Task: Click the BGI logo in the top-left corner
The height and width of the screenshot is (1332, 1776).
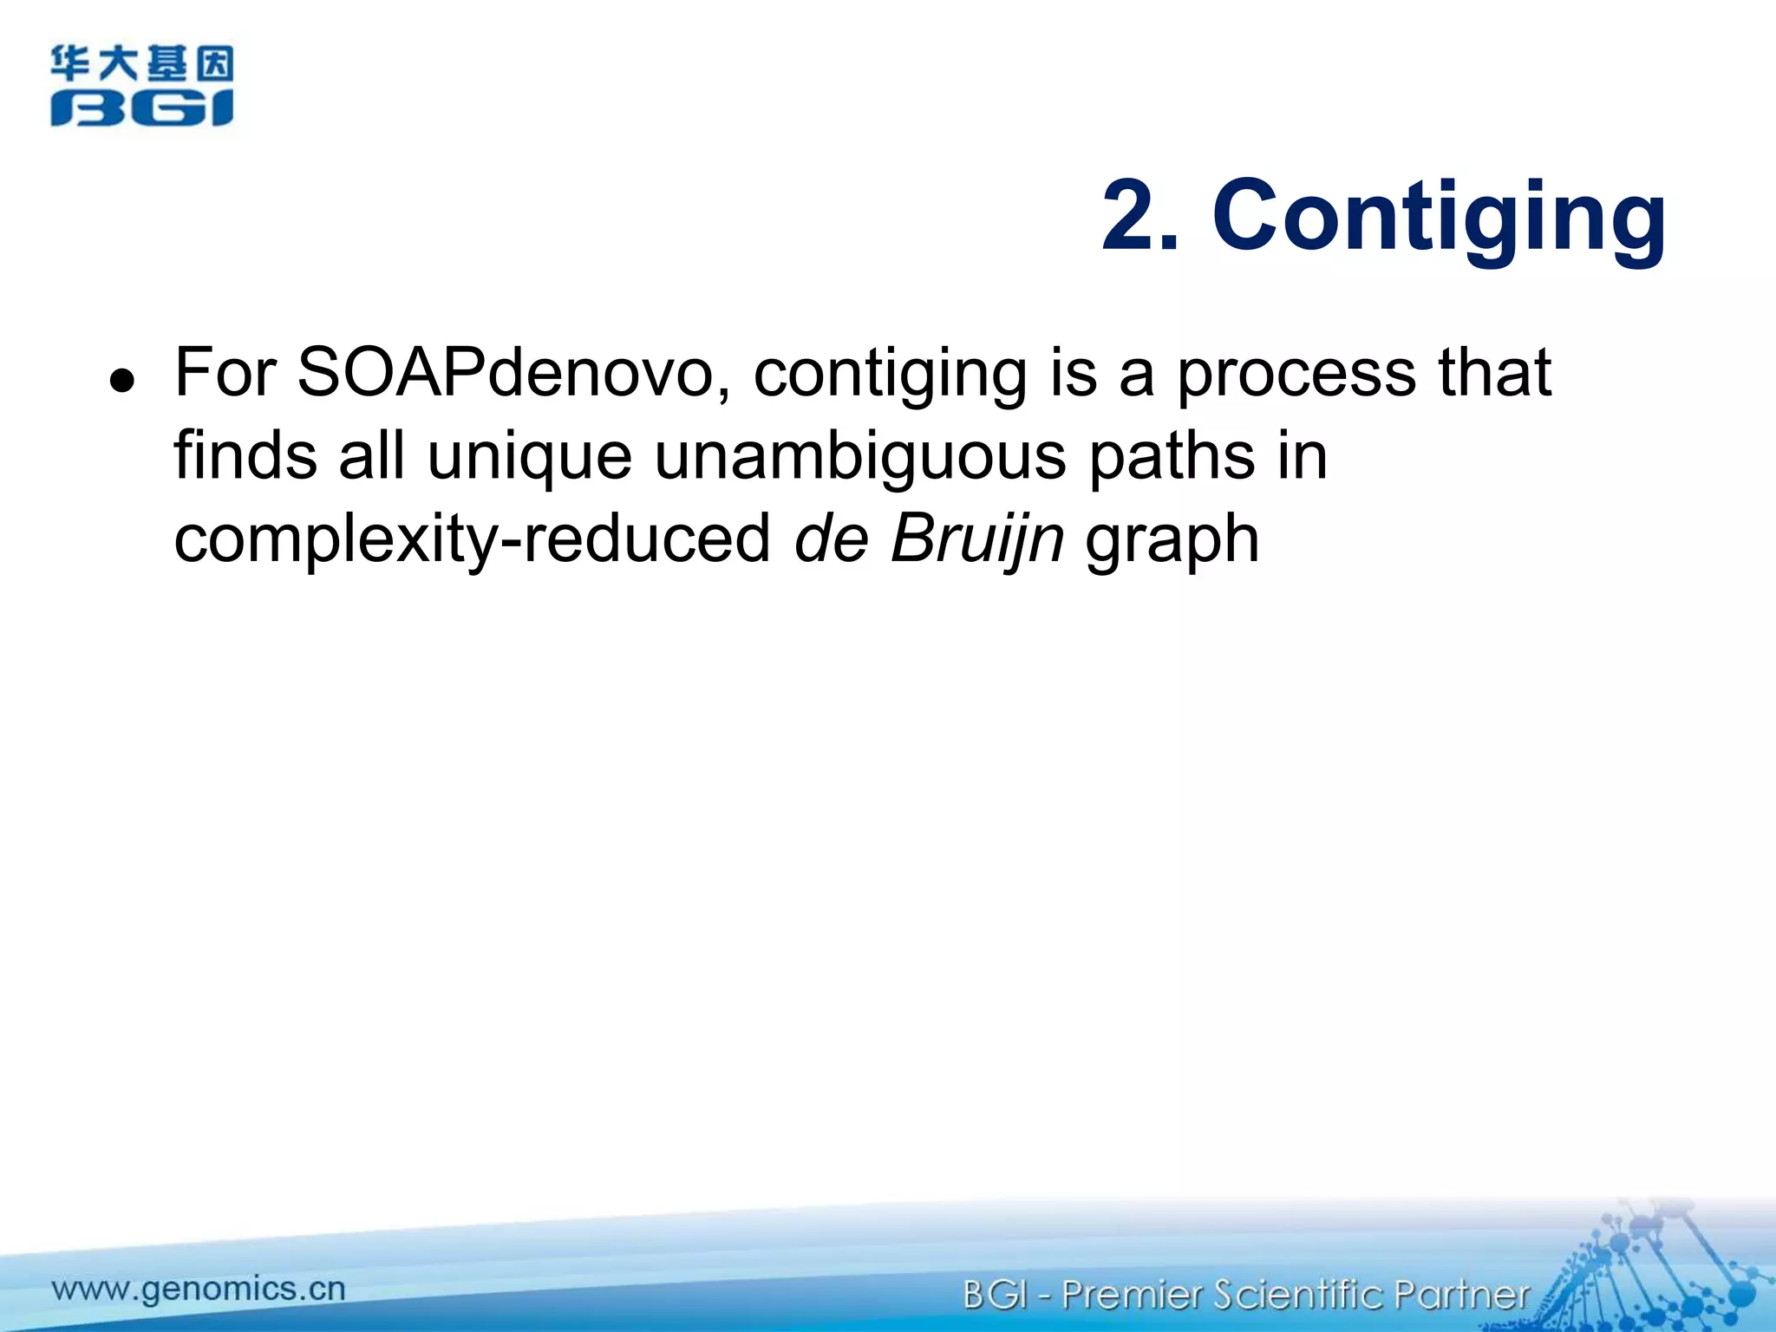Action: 141,86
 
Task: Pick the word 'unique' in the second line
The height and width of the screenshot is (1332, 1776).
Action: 530,457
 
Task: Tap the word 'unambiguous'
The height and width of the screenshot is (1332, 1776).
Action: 859,457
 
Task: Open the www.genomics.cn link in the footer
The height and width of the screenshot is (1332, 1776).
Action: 199,1289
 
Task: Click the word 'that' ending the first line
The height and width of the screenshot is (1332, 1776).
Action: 1495,373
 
